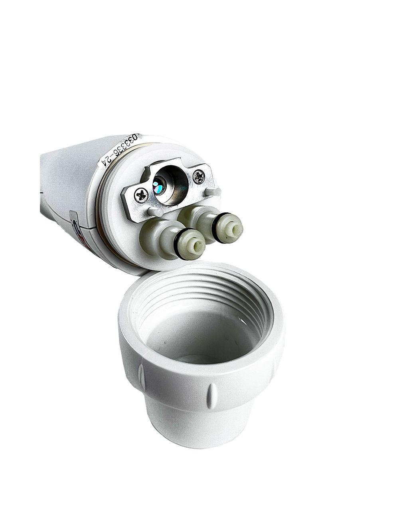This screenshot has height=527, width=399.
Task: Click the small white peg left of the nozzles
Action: pos(152,212)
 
